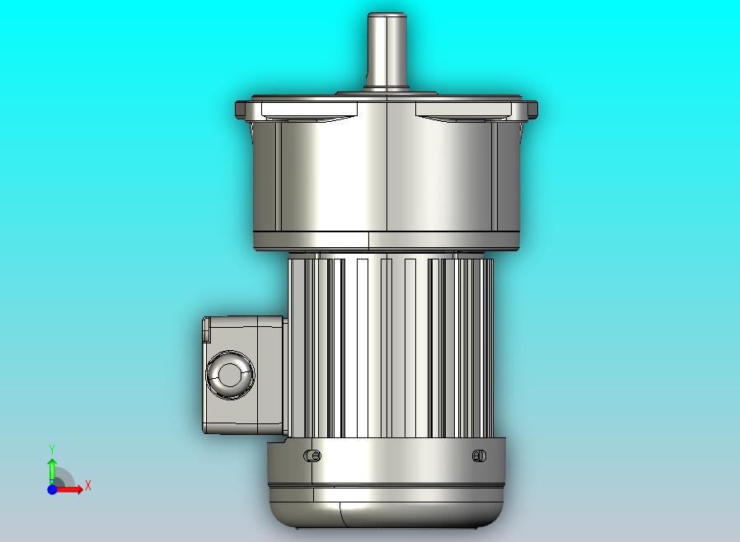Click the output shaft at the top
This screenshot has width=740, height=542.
pos(387,51)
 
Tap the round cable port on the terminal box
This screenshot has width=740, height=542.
pos(230,375)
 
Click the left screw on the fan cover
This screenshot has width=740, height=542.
pos(312,456)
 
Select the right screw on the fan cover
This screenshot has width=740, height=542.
pos(479,456)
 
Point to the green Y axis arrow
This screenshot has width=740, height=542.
pos(53,470)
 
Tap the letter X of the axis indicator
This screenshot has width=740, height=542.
pos(88,485)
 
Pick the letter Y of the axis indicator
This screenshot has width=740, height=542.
pos(52,449)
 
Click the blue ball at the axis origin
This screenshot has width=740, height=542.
pos(53,489)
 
